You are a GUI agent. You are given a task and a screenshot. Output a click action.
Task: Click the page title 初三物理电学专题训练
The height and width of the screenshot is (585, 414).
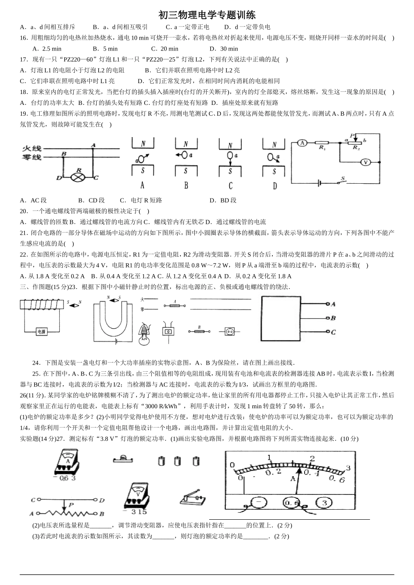pos(207,15)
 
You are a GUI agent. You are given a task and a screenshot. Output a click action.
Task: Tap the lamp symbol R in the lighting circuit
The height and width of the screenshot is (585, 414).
pos(79,177)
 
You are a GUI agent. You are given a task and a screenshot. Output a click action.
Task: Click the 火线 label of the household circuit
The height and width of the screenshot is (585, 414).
pos(31,149)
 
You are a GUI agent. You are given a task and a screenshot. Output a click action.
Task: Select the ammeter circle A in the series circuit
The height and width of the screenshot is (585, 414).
pos(301,142)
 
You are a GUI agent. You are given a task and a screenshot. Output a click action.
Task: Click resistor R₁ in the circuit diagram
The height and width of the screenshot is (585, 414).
pos(322,142)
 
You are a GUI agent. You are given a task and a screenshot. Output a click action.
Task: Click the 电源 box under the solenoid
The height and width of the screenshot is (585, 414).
pos(41,332)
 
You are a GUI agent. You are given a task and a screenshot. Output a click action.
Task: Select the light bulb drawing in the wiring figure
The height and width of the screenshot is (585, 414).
pos(144,333)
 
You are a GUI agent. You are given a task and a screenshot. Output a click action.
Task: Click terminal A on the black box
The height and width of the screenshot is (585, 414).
pos(327,304)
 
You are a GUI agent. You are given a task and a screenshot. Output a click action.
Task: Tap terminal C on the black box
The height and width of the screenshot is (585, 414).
pos(327,332)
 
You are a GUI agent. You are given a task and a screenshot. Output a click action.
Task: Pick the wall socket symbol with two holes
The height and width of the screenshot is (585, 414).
pos(230,332)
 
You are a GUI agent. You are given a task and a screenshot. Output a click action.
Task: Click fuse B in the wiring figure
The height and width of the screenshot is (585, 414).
pos(199,331)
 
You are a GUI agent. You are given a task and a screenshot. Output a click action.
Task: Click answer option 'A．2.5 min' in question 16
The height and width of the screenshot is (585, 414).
pos(47,49)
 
